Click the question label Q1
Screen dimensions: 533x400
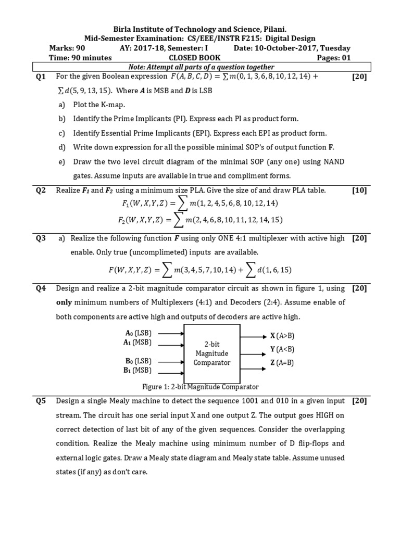pyautogui.click(x=41, y=77)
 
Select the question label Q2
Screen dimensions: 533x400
pyautogui.click(x=41, y=191)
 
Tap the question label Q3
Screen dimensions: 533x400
pyautogui.click(x=41, y=238)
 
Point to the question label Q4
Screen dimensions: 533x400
pyautogui.click(x=41, y=288)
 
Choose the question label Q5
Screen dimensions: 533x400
pyautogui.click(x=41, y=401)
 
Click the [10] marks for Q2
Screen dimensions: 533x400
pyautogui.click(x=359, y=191)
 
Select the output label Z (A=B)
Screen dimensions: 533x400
pyautogui.click(x=282, y=362)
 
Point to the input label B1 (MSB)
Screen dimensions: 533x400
pyautogui.click(x=137, y=371)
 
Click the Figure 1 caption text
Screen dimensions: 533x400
pyautogui.click(x=200, y=387)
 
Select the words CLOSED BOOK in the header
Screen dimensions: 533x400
pyautogui.click(x=199, y=58)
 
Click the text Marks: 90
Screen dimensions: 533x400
pyautogui.click(x=66, y=48)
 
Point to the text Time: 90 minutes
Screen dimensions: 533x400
pyautogui.click(x=80, y=58)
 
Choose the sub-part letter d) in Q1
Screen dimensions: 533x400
pyautogui.click(x=62, y=147)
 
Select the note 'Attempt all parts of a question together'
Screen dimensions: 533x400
pyautogui.click(x=201, y=67)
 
